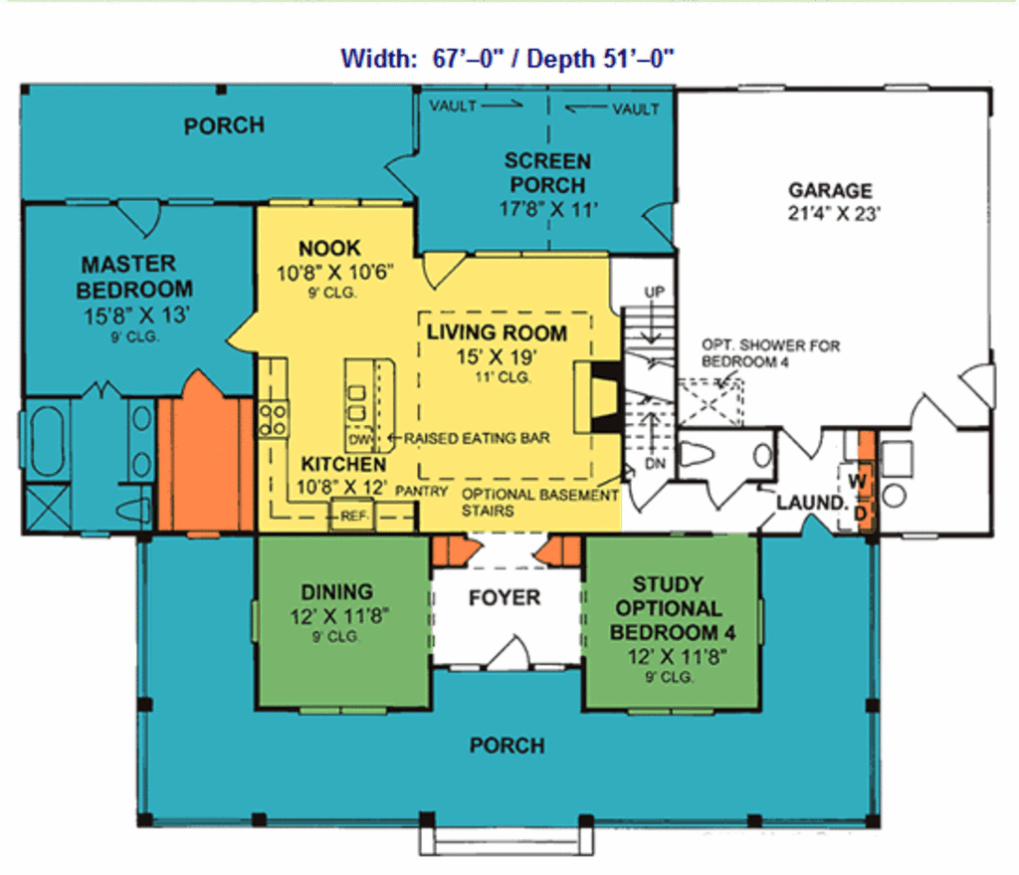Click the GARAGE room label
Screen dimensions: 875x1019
(x=830, y=190)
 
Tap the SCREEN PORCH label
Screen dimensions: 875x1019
(x=546, y=173)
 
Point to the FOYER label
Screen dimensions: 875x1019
(x=505, y=597)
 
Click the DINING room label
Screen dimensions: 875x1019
(x=336, y=591)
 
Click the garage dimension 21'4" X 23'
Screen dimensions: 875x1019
(x=830, y=214)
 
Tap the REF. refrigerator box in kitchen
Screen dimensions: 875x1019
(x=353, y=516)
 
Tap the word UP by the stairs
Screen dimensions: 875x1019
(x=654, y=292)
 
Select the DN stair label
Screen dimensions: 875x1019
(x=652, y=464)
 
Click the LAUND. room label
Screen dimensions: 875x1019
(x=810, y=503)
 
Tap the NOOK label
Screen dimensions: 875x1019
(x=329, y=248)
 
